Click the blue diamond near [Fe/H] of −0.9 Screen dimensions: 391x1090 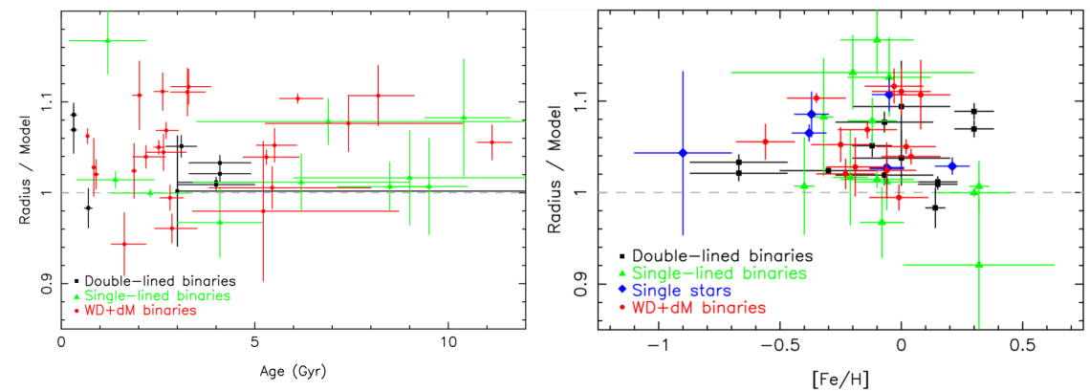[683, 153]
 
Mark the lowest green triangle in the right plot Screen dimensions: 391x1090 [978, 265]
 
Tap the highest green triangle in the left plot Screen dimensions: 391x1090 [107, 40]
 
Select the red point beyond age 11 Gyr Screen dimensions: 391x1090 [492, 142]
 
